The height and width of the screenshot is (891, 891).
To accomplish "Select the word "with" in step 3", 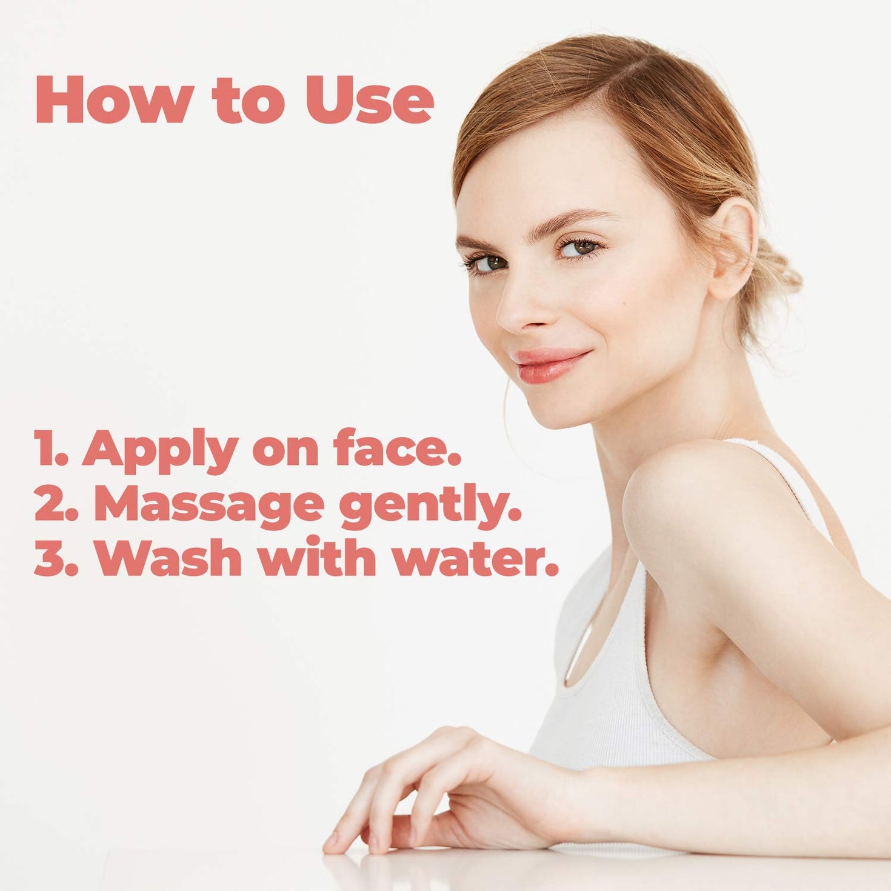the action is tap(318, 558).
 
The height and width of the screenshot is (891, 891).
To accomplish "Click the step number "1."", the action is tap(52, 447).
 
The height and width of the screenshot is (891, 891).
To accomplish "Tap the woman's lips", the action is tap(549, 365).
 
